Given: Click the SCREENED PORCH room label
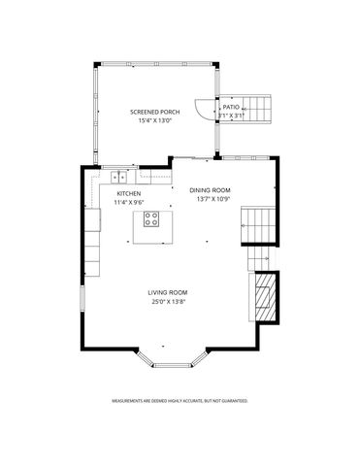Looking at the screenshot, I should [x=156, y=113].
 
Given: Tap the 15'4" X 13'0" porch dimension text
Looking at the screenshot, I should [x=156, y=120].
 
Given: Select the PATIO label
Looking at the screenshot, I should [x=231, y=107].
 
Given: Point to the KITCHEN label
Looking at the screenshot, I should [x=129, y=194].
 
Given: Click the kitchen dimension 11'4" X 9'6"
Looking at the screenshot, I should [x=129, y=202].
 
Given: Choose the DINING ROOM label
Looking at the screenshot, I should [x=210, y=190].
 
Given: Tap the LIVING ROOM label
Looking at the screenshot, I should [x=167, y=292].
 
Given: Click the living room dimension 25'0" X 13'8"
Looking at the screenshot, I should [x=167, y=301].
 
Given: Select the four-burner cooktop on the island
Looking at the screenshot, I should [x=152, y=219].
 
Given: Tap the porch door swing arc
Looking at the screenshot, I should [x=201, y=110].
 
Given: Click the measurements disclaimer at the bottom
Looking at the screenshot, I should [x=180, y=400].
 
